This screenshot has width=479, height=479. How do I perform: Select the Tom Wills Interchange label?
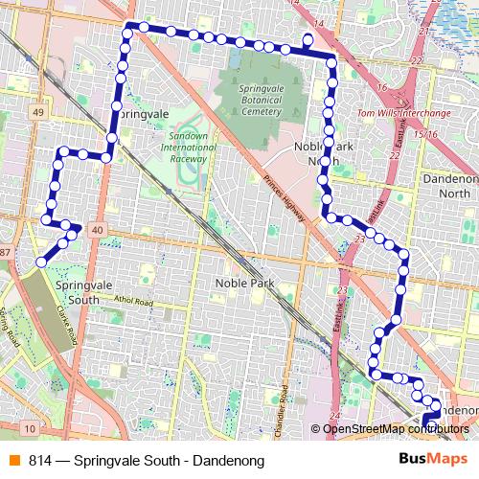tap(403, 112)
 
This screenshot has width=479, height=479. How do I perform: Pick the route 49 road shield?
tap(38, 112)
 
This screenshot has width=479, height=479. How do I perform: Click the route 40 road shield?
tap(97, 231)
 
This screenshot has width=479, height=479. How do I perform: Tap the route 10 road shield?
tap(31, 427)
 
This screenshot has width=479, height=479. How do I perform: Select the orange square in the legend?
tap(12, 461)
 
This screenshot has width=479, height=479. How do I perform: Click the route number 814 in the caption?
tap(40, 461)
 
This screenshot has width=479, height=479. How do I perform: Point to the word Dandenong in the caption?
tap(228, 461)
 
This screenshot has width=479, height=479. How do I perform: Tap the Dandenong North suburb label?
tap(449, 186)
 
